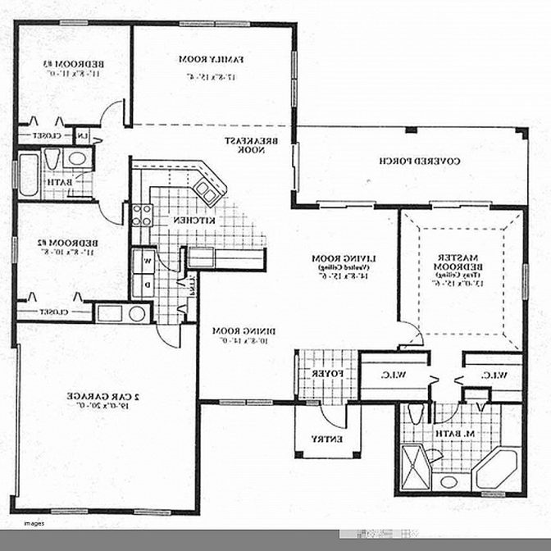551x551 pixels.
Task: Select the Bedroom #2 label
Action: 62,244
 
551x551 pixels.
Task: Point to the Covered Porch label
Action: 408,161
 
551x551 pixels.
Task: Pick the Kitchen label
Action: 194,221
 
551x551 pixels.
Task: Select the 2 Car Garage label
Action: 107,398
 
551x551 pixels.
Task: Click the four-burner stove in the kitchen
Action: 142,215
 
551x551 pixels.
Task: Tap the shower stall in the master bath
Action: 416,463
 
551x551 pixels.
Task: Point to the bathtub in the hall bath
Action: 29,173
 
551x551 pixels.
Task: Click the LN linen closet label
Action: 83,135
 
